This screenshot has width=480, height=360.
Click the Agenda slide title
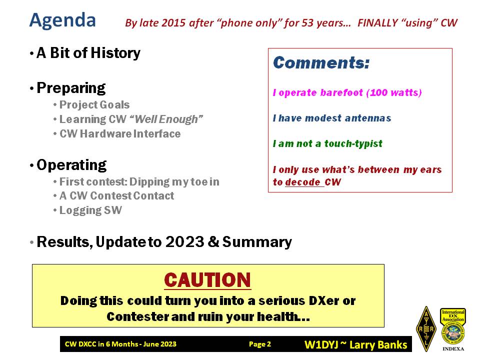(62, 21)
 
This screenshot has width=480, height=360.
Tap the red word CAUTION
(207, 280)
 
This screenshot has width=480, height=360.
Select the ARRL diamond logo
(426, 329)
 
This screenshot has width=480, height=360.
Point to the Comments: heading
(321, 63)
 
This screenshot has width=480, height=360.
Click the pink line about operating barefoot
(347, 92)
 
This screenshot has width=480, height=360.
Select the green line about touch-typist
(327, 143)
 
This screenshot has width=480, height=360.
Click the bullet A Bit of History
(88, 52)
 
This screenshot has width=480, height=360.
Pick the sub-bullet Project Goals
(94, 104)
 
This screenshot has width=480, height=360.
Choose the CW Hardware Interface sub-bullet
(120, 134)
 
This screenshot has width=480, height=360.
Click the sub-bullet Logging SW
(90, 210)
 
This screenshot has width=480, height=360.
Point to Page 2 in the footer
(260, 344)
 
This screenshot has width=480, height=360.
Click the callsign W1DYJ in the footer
(321, 344)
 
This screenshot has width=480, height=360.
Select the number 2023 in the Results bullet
(184, 242)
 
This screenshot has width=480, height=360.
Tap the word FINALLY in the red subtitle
(377, 23)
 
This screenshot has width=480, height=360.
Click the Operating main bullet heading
(71, 165)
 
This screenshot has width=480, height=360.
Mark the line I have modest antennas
(332, 118)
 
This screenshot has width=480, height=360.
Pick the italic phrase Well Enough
(166, 119)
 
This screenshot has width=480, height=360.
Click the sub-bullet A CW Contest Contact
(116, 195)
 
